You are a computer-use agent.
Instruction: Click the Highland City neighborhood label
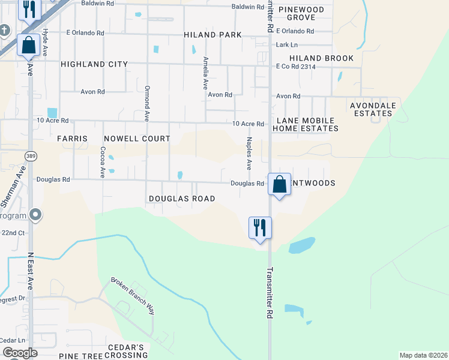point(94,64)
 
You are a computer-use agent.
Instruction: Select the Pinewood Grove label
point(305,14)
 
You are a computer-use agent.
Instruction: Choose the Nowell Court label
point(137,139)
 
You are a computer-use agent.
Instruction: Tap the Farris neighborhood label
point(72,139)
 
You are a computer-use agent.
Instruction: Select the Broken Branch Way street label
point(133,296)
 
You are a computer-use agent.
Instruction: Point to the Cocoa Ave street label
point(103,162)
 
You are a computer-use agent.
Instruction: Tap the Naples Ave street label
point(249,152)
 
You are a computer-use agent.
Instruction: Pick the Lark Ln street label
point(286,45)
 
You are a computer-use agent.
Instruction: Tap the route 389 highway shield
point(29,156)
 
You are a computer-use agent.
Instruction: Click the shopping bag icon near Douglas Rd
point(279,183)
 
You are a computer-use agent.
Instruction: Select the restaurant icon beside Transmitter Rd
point(260,227)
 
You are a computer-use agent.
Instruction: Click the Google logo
point(20,352)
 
